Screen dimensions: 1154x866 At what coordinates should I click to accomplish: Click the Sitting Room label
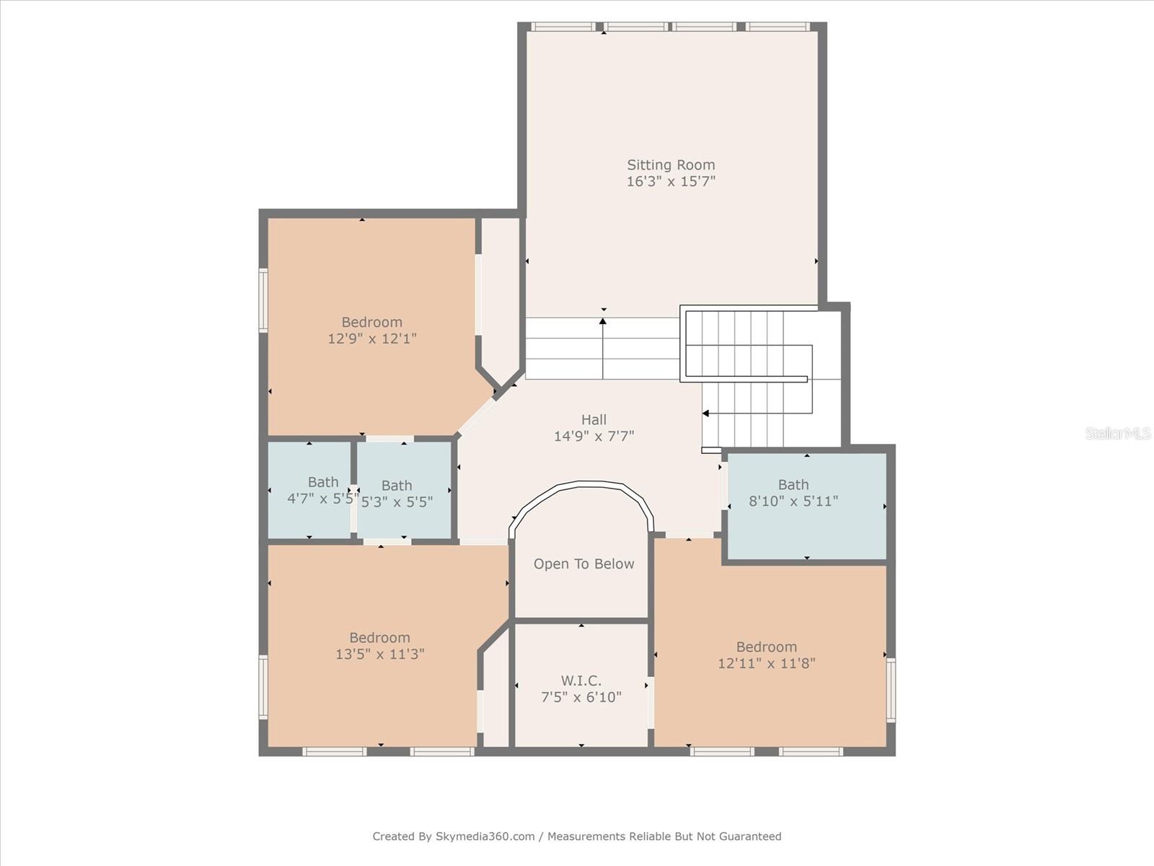pos(671,165)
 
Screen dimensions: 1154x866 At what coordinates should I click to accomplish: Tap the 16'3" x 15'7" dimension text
pos(671,181)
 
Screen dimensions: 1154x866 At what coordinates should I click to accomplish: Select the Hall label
pos(594,419)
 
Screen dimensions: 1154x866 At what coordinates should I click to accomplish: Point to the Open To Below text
pos(583,564)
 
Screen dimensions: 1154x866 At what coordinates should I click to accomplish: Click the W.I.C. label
pos(581,681)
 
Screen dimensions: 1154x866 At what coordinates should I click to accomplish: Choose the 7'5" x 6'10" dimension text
pos(581,697)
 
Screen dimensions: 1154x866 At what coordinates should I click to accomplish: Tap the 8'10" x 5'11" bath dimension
pos(793,501)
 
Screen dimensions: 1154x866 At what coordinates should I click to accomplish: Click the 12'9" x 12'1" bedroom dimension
pos(372,338)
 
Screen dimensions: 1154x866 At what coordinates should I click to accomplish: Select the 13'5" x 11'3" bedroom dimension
pos(380,654)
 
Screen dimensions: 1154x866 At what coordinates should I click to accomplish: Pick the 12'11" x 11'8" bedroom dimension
pos(767,663)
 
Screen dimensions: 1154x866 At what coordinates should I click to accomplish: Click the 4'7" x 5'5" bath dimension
pos(322,498)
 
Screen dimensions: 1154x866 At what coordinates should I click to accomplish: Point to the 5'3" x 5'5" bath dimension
pos(397,502)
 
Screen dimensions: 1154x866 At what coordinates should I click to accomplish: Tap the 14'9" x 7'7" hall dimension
pos(594,436)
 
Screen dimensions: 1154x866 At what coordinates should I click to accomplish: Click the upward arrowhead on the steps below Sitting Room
pos(603,320)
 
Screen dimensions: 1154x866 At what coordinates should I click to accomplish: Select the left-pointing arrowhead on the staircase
pos(706,414)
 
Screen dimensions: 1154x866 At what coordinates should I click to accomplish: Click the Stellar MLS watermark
pos(1118,433)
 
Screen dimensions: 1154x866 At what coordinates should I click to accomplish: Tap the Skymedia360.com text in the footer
pos(485,836)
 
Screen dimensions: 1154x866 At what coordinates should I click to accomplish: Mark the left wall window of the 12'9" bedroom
pos(263,300)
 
